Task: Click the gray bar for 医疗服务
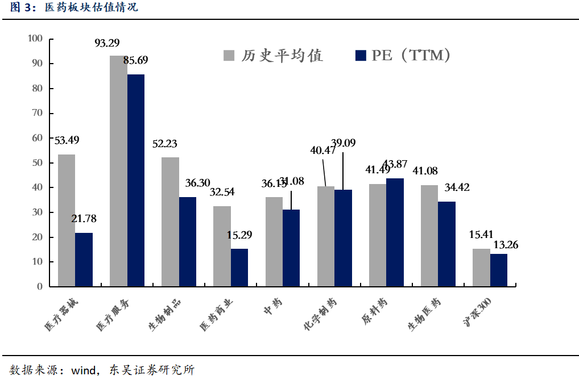(x=118, y=170)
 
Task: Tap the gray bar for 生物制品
(x=170, y=222)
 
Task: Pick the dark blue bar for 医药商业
(x=239, y=267)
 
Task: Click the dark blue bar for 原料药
(x=395, y=232)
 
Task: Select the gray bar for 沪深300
(x=481, y=267)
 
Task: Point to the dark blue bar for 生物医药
(x=446, y=244)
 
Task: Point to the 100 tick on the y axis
(x=35, y=39)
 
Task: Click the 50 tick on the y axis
(x=38, y=163)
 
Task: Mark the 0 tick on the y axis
(x=40, y=287)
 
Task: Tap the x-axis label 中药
(x=271, y=306)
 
